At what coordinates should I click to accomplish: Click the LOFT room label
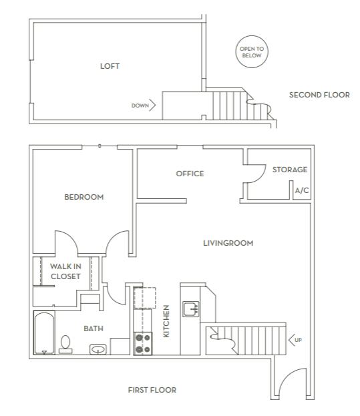coord(110,66)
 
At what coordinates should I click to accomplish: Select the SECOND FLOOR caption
coord(319,95)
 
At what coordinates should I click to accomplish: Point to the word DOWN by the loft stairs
coord(140,106)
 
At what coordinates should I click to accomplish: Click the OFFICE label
coord(190,174)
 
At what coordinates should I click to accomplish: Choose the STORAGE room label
coord(290,170)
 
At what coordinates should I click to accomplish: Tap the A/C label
coord(302,191)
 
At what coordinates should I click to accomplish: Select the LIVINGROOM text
coord(228,243)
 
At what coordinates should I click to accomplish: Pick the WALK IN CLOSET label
coord(65,271)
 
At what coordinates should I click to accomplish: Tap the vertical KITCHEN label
coord(166,321)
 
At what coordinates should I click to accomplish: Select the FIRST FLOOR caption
coord(152,390)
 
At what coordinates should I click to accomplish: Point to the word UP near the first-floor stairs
coord(298,340)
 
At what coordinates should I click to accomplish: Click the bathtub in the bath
coord(45,333)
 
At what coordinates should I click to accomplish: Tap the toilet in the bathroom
coord(65,343)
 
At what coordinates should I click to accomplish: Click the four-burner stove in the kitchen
coord(143,343)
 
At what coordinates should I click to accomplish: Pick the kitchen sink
coord(191,308)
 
